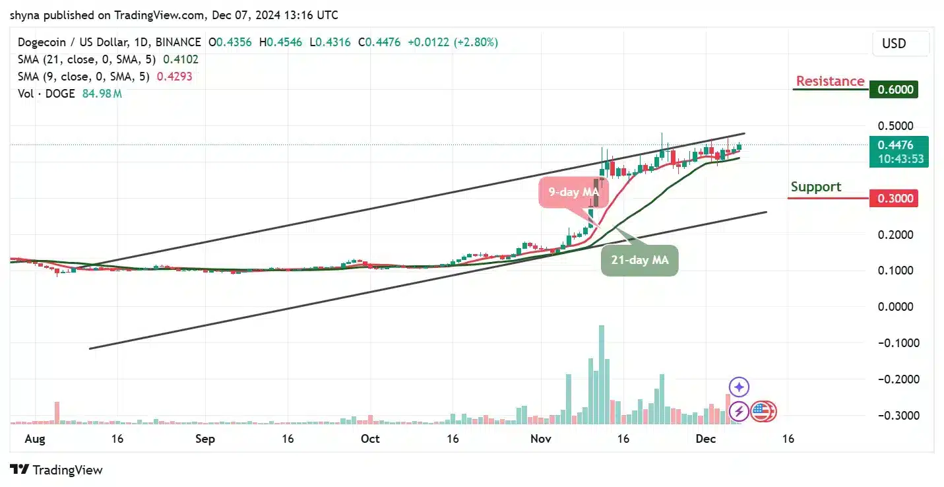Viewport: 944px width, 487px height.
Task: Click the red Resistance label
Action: point(829,81)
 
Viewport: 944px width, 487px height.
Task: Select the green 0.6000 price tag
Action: point(893,90)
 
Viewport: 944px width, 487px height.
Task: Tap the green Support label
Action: point(815,187)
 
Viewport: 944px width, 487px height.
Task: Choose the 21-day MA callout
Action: point(639,261)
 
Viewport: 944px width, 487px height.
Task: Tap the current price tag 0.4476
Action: point(895,145)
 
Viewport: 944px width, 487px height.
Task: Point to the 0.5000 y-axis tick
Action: point(895,126)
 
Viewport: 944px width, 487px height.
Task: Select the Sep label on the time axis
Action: point(205,439)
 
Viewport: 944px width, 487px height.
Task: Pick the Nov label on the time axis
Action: point(540,439)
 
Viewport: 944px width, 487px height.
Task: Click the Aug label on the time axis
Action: point(35,439)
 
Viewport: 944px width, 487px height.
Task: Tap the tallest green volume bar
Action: point(601,373)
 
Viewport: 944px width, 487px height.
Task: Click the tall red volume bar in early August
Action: point(57,412)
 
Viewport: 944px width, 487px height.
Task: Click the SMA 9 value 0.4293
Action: point(174,77)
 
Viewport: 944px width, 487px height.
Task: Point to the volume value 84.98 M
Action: point(102,94)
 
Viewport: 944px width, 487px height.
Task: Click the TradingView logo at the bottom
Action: point(57,470)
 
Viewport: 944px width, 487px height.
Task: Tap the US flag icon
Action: point(761,411)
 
